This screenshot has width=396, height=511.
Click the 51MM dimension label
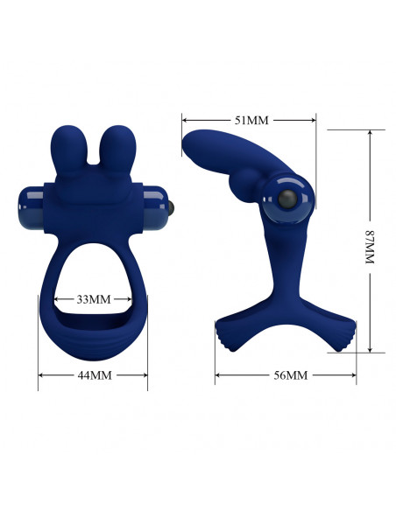pos(251,120)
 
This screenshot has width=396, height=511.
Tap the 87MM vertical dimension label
pos(370,247)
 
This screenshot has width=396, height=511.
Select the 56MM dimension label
pos(290,375)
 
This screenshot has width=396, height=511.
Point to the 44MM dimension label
pos(95,375)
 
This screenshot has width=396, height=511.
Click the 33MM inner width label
pos(94,299)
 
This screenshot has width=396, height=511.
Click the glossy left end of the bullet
pos(31,208)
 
